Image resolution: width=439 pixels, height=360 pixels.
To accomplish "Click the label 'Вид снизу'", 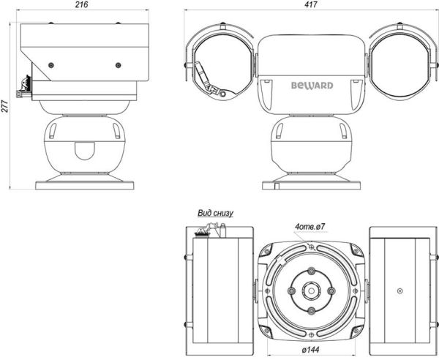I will click(215, 213).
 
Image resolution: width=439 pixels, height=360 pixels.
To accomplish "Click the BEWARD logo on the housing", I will click(312, 86).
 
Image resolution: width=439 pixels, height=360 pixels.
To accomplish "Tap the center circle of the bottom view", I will click(310, 290).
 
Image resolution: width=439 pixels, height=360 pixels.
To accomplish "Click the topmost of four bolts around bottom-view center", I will click(311, 271).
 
